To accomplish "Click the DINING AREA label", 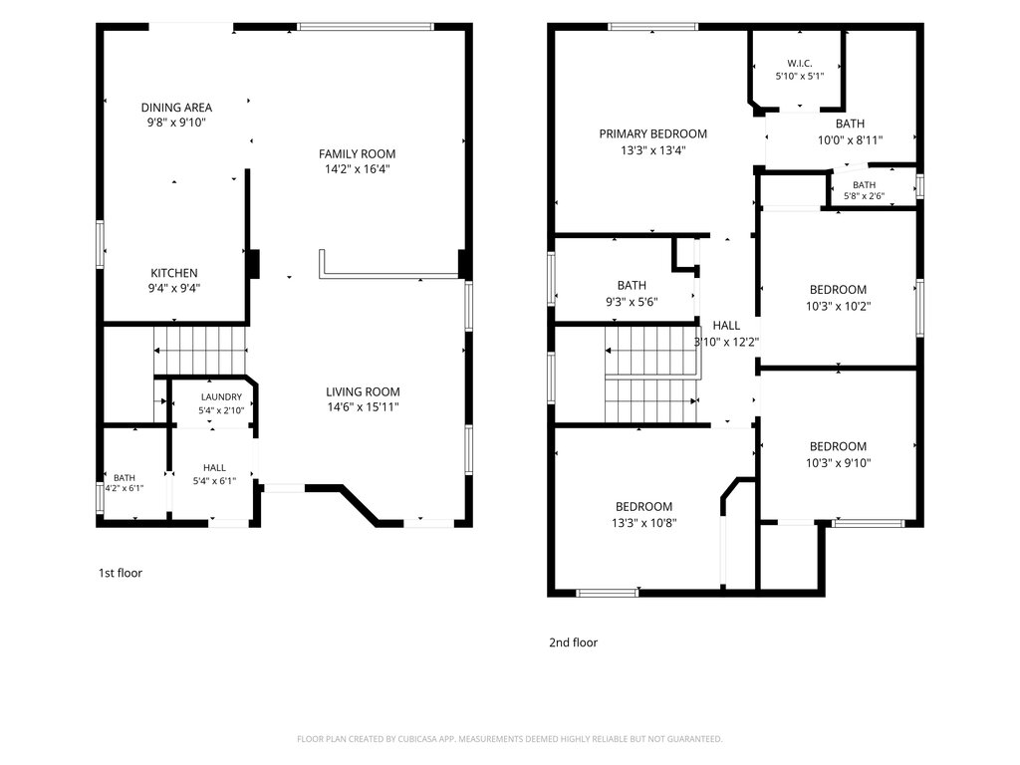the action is (176, 108).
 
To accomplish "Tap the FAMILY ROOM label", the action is (358, 154).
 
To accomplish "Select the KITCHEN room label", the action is (174, 273).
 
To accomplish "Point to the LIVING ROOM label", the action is (363, 391).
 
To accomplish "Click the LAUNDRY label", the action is (221, 396).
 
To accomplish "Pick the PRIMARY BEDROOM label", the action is (653, 134).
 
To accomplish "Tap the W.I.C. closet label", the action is (800, 63).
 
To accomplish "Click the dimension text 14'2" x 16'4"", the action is (358, 169).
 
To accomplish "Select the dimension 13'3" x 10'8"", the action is (644, 522).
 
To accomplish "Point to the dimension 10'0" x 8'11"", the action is (851, 139).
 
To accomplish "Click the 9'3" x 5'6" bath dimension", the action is (632, 302).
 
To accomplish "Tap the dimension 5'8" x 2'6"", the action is (864, 196).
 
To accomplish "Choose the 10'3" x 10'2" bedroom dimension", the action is (838, 306).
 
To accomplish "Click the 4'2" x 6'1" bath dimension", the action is (125, 488).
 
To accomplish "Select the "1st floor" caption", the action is (121, 573).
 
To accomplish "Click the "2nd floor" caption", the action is (573, 642).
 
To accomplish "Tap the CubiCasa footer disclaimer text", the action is (509, 739).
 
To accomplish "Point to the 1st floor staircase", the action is (200, 351).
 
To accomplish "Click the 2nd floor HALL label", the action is (726, 326).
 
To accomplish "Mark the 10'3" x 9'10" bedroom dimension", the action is (838, 463).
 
